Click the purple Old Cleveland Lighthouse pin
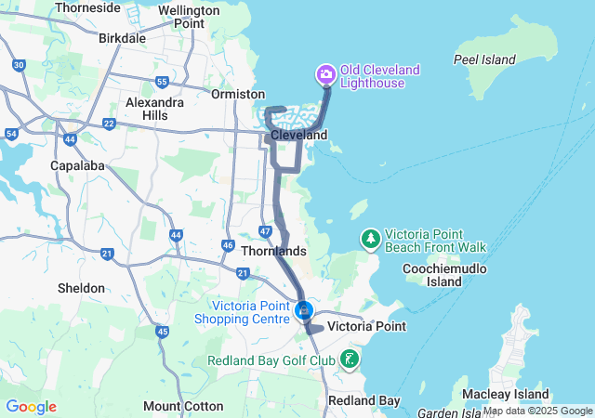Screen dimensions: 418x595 [x=325, y=73]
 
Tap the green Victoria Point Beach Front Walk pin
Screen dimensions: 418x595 [x=371, y=239]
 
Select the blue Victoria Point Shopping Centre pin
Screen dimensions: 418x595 [x=303, y=309]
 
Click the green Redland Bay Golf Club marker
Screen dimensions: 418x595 [x=349, y=359]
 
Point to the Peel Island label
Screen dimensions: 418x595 [x=484, y=59]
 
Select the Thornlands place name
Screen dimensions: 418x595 [x=272, y=251]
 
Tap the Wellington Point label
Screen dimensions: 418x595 [x=188, y=16]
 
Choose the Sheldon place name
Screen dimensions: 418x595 [x=81, y=288]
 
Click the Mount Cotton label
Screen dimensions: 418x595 [x=183, y=406]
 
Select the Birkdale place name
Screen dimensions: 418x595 [x=122, y=38]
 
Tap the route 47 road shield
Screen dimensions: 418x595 [x=265, y=230]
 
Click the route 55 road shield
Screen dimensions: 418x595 [x=162, y=83]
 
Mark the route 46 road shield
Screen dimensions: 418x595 [x=228, y=245]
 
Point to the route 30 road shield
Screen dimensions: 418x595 [x=19, y=65]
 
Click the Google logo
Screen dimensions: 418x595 [x=31, y=407]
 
